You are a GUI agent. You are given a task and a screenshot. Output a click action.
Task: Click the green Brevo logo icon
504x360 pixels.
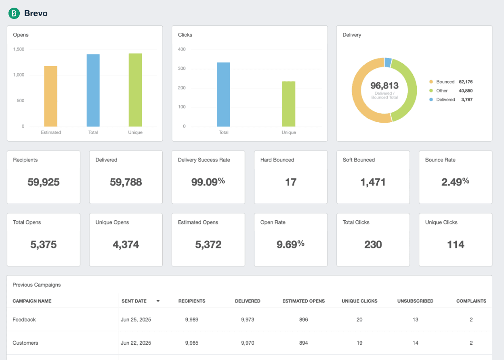tap(14, 13)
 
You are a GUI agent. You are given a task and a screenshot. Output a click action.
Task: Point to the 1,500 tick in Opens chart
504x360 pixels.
tap(19, 49)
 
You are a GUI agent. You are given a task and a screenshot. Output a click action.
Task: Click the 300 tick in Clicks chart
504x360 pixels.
tap(182, 69)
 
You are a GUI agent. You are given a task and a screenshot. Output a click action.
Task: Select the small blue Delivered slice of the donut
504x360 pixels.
tap(388, 62)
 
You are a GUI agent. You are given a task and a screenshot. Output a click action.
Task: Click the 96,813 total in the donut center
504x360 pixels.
tap(384, 86)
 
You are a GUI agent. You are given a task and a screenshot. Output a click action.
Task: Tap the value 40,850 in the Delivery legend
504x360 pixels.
tap(466, 91)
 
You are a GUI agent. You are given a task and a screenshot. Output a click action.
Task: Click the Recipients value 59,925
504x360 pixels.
tap(44, 182)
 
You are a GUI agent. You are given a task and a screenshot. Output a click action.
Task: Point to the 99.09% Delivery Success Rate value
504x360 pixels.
tap(208, 182)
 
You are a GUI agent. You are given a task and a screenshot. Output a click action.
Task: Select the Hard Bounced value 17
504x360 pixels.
tap(291, 182)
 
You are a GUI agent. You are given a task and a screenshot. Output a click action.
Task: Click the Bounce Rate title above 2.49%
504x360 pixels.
tap(440, 160)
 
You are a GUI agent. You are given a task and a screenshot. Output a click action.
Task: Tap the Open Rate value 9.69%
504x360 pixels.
tap(290, 244)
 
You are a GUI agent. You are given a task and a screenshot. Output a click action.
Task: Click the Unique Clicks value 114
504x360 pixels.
tap(456, 244)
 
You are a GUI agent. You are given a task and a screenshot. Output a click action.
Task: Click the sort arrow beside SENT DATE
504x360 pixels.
tap(158, 301)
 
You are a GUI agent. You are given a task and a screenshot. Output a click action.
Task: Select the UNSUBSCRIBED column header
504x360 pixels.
tap(415, 301)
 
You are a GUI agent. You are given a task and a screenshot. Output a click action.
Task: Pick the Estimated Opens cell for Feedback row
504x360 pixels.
tap(304, 320)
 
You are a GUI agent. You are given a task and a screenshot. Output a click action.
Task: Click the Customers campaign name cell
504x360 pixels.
tap(25, 343)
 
